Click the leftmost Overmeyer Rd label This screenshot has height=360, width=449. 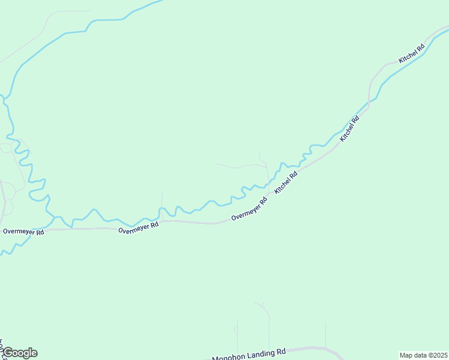(23, 232)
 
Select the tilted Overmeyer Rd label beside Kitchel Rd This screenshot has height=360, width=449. (249, 209)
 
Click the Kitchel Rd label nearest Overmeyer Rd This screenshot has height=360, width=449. (286, 183)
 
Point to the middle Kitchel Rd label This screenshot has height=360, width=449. (349, 128)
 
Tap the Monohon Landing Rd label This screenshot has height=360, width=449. (249, 354)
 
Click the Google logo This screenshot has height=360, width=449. (20, 353)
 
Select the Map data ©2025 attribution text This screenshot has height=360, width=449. (424, 355)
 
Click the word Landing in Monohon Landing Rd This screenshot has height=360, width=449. (252, 353)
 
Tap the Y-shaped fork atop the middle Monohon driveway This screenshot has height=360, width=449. (261, 305)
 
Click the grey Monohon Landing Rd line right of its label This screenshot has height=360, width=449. (306, 348)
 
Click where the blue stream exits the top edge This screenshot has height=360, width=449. (161, 1)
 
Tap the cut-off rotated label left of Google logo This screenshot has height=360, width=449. (2, 348)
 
